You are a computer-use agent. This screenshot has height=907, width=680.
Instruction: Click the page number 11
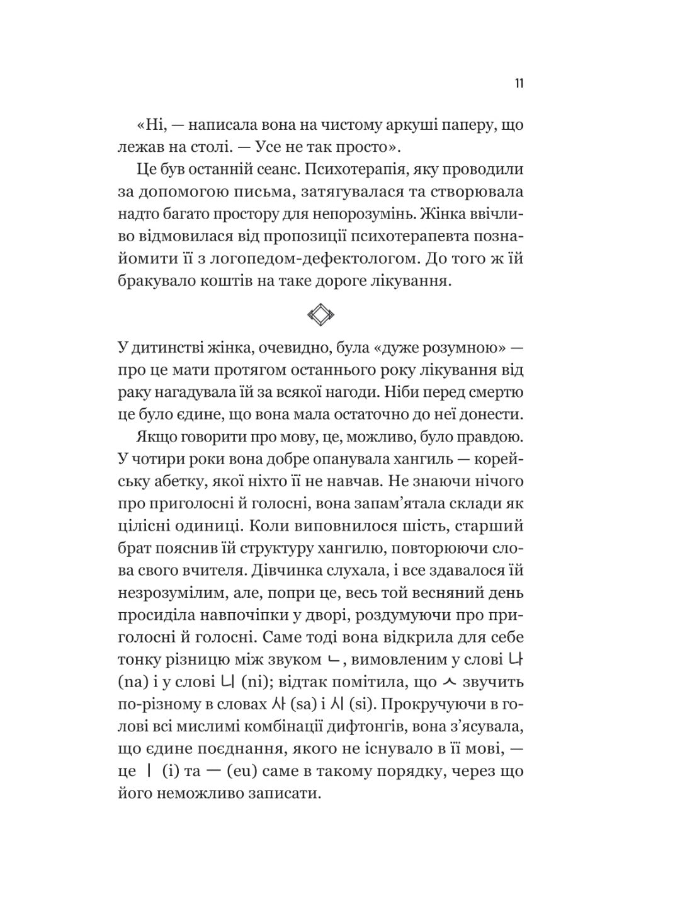tap(519, 84)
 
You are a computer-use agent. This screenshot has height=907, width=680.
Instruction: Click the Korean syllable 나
tap(515, 659)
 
